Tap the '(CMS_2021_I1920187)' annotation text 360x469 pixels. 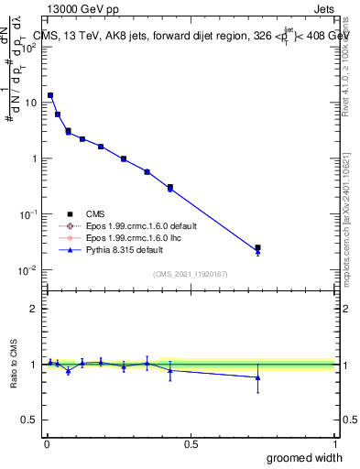coord(190,273)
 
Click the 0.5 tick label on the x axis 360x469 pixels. coord(190,443)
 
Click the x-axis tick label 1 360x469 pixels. coord(335,443)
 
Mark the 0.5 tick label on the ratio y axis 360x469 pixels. coord(28,421)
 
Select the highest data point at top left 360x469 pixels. coord(50,95)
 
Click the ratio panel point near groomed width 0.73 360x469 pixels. coord(257,377)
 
